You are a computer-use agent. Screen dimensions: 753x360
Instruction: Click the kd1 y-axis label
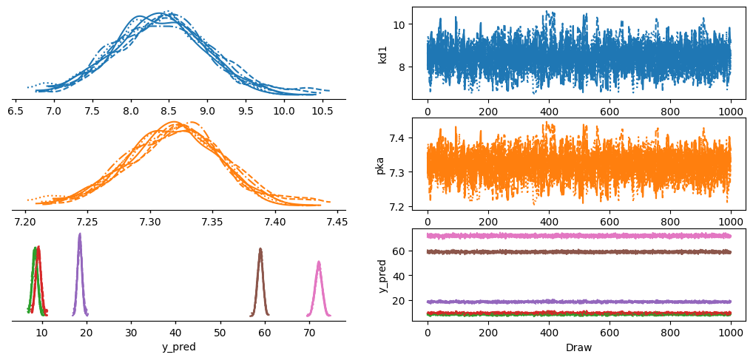point(383,52)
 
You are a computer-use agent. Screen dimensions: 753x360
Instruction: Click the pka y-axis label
point(383,163)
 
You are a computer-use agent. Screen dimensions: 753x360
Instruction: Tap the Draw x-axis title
point(579,346)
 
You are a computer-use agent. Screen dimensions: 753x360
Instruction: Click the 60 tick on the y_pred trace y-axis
point(402,251)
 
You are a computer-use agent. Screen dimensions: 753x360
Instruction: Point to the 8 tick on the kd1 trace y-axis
point(404,67)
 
